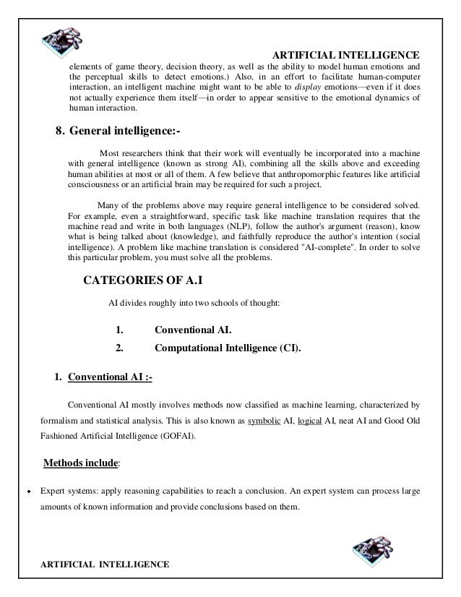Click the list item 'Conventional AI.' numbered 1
[193, 330]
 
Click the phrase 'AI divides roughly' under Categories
[141, 303]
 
